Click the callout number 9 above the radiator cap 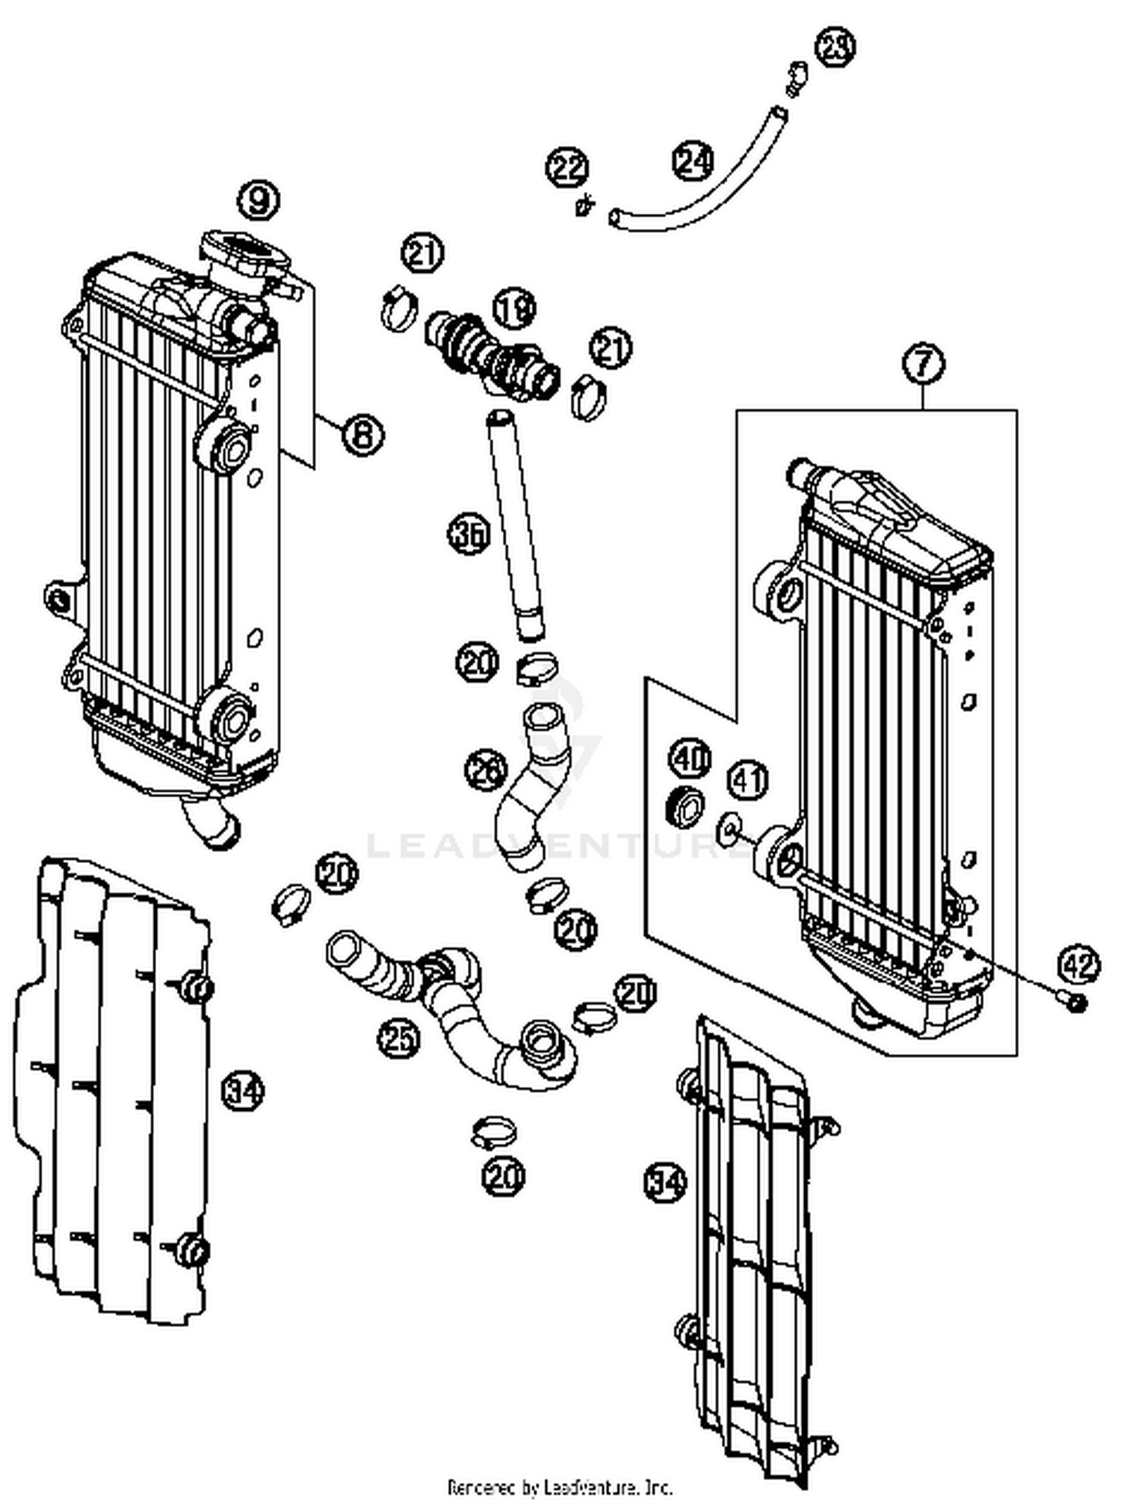[259, 199]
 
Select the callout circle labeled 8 [362, 434]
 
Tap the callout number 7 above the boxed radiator [924, 364]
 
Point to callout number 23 [834, 47]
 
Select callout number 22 [568, 167]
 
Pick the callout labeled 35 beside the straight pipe [469, 535]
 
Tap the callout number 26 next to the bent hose [486, 770]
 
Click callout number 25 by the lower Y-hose [399, 1037]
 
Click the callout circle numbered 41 [748, 779]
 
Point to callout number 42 [1079, 965]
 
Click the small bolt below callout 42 [1075, 1003]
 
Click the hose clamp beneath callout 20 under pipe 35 [537, 667]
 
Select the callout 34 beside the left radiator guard [244, 1092]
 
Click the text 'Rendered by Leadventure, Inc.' [560, 1487]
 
